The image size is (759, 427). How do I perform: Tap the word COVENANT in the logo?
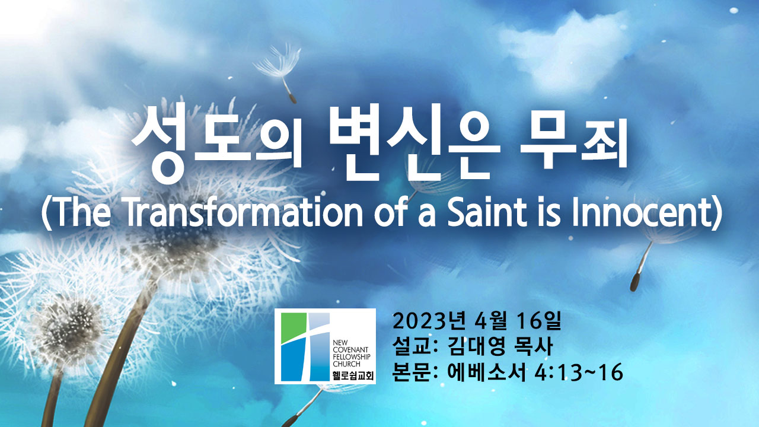point(350,350)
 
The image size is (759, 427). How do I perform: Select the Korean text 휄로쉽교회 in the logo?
point(353,376)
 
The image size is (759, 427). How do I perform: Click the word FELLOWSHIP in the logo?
point(352,357)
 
